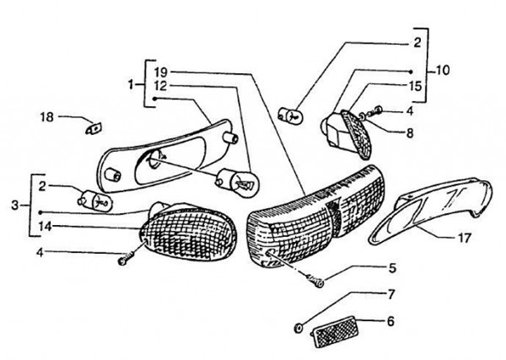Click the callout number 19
point(161,71)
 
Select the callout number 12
point(161,86)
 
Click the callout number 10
point(443,70)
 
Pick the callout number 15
point(415,86)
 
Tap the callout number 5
point(392,267)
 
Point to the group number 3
point(15,205)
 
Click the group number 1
point(131,84)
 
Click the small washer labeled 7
point(299,328)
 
